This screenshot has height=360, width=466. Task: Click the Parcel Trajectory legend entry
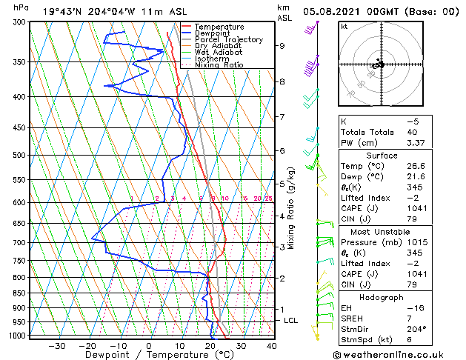(x=228, y=40)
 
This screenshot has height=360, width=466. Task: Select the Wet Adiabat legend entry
(x=218, y=52)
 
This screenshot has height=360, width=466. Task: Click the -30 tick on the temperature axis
(x=56, y=346)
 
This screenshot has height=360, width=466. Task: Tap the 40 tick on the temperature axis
(x=271, y=346)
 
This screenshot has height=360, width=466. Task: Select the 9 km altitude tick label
(x=282, y=46)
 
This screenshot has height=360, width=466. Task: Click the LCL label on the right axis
(x=290, y=320)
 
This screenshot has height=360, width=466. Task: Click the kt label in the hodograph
(x=344, y=27)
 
